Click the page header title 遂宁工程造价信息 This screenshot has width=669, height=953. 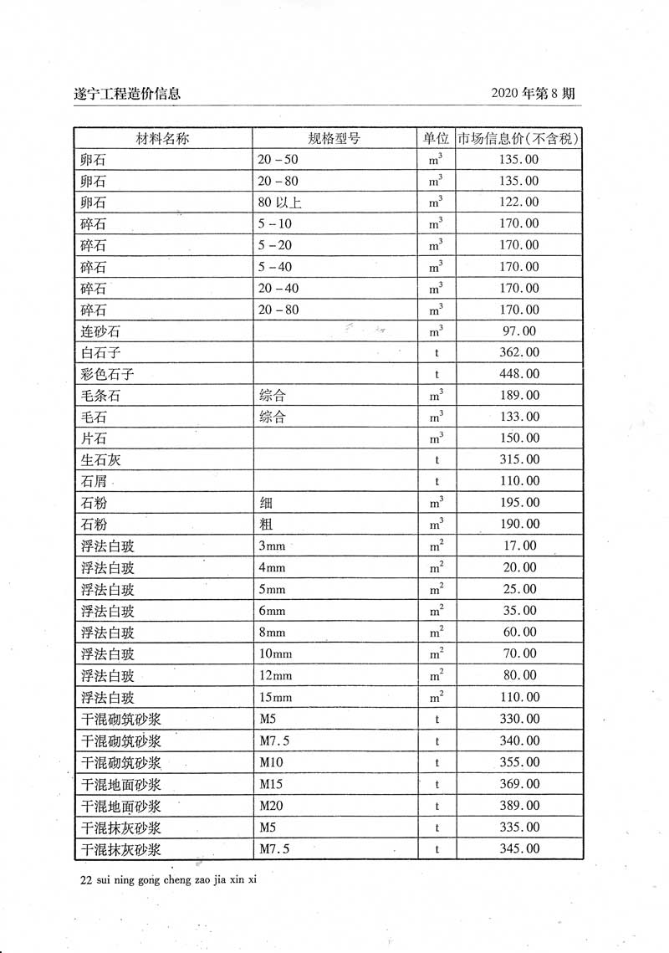coord(127,94)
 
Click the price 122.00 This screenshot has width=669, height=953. coord(519,202)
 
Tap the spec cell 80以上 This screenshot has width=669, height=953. coord(281,202)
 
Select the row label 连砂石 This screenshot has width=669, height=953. coord(100,332)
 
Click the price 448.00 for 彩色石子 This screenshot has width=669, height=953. coord(519,374)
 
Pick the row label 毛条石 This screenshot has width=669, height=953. coord(100,396)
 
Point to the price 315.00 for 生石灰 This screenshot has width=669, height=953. coord(519,460)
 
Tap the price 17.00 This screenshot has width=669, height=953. coord(519,546)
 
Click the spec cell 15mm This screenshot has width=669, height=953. coord(276,697)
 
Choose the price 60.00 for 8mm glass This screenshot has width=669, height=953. coord(519,633)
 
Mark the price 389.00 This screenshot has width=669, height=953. coord(519,806)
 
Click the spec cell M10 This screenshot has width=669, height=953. coord(272,762)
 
